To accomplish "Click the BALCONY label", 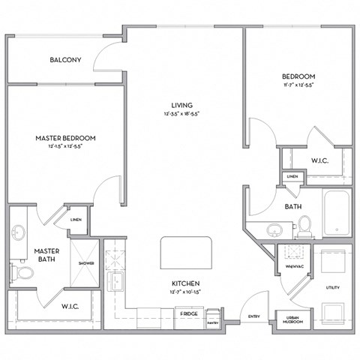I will [x=66, y=60].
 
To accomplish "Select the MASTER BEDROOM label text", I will [x=66, y=138].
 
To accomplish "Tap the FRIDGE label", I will [x=188, y=313].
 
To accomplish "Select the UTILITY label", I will [x=331, y=287].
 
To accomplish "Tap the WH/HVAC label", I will [x=289, y=265].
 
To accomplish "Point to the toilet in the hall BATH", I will [x=304, y=222].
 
